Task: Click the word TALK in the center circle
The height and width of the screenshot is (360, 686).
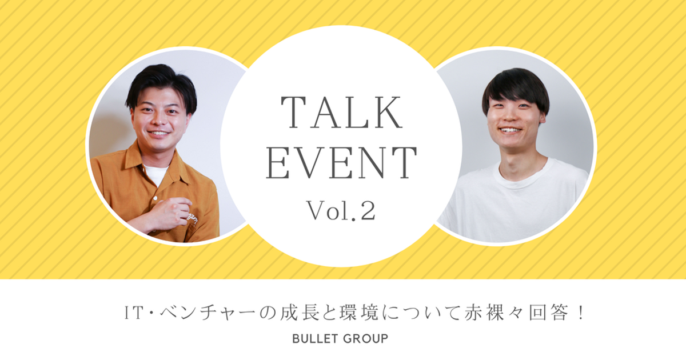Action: tap(341, 113)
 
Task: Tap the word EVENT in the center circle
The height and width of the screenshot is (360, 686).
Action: tap(341, 162)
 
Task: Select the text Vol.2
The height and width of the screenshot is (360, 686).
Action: tap(341, 210)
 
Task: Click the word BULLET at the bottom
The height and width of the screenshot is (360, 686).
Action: tap(316, 339)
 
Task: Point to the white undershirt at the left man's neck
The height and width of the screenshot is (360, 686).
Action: tap(155, 174)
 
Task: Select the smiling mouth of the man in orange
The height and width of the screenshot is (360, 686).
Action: tap(158, 134)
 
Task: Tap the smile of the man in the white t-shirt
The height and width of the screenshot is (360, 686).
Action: tap(510, 131)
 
